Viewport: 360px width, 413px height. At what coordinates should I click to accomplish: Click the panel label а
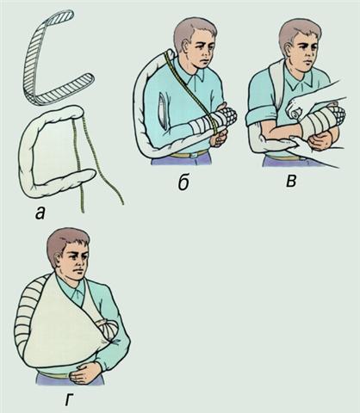(40, 213)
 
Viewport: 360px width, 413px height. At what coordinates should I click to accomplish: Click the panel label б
(183, 182)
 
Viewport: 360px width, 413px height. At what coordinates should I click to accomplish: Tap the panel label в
(291, 182)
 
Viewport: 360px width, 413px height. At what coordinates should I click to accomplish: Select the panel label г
(68, 400)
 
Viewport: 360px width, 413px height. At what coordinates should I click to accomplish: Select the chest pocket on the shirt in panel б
(163, 111)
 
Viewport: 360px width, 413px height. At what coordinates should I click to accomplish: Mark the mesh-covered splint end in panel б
(228, 116)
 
